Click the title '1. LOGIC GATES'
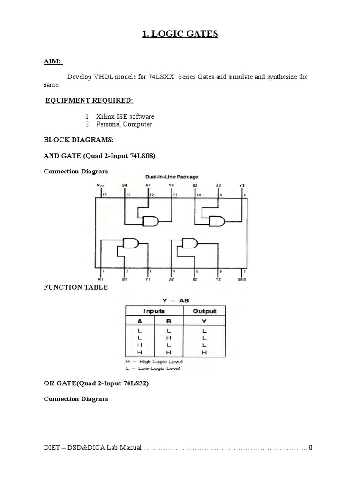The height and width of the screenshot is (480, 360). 180,34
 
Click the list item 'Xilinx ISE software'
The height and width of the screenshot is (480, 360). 125,116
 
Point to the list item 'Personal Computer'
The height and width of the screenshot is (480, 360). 124,124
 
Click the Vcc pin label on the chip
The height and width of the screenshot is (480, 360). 101,185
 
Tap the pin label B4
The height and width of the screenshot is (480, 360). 125,185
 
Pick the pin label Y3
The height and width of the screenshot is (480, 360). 242,185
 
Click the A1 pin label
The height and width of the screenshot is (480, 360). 101,279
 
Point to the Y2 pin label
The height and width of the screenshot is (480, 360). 218,279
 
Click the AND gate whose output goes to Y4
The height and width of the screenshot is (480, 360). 151,221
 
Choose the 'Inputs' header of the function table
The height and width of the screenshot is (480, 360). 153,311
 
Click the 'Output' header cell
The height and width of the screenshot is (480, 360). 204,311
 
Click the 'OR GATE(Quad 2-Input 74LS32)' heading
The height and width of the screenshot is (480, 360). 96,383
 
